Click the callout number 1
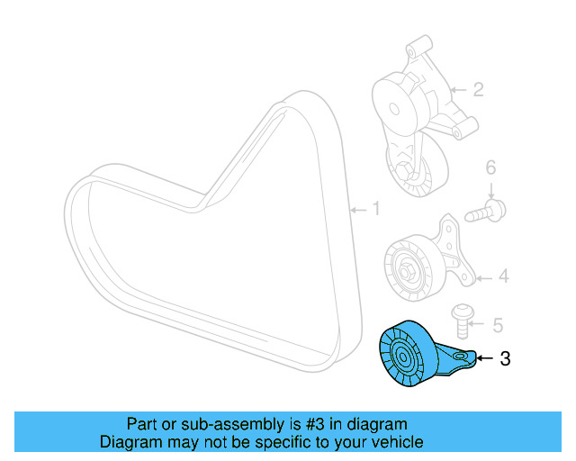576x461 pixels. (x=376, y=210)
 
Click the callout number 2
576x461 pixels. (x=478, y=89)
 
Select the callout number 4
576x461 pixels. (x=503, y=276)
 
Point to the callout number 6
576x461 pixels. (x=490, y=167)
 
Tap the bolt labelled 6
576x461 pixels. (x=487, y=212)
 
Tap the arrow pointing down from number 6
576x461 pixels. (x=491, y=189)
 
